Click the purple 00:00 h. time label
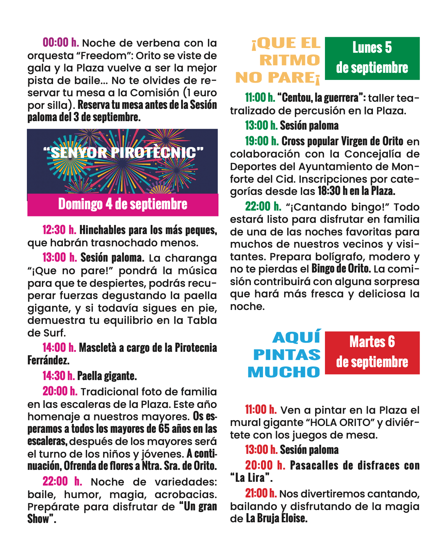[61, 43]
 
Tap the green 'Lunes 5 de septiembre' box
[372, 58]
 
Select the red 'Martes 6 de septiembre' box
[372, 352]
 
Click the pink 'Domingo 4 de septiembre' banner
[122, 204]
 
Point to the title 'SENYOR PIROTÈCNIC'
[124, 153]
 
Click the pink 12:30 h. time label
[59, 230]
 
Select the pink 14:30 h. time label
[59, 376]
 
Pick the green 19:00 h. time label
[262, 141]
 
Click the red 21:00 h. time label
[261, 493]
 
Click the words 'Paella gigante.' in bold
[107, 376]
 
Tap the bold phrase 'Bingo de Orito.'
[341, 269]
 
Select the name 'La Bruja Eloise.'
[276, 519]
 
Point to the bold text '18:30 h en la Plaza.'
[356, 191]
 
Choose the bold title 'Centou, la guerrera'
[321, 98]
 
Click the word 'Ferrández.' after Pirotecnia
[48, 360]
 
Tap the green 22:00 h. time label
[263, 206]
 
